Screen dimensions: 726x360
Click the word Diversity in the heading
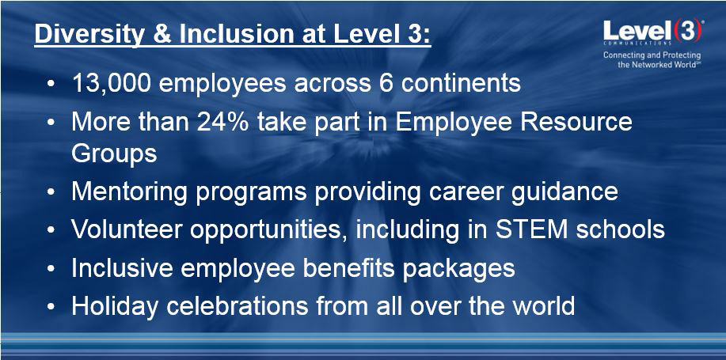tap(89, 35)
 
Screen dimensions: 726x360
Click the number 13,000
tap(112, 84)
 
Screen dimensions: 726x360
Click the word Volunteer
tap(127, 230)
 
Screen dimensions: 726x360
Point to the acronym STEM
tap(528, 230)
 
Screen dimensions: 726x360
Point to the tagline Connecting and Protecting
tap(652, 55)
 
